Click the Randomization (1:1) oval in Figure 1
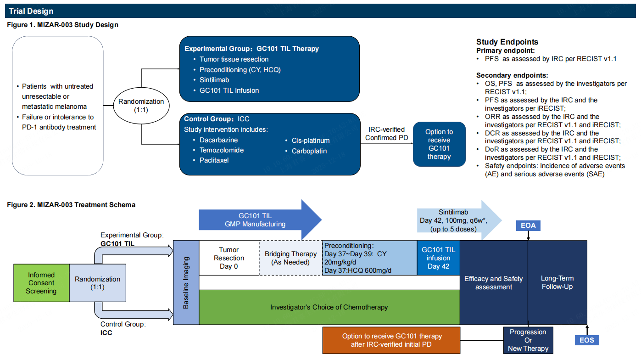point(141,106)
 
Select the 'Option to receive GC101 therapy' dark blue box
point(439,144)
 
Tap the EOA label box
point(528,225)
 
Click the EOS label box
point(587,340)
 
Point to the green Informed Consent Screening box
point(41,283)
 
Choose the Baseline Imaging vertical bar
point(186,282)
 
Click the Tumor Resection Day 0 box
point(229,258)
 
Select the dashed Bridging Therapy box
point(290,258)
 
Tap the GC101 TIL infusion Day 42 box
point(438,258)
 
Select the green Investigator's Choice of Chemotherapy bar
point(329,307)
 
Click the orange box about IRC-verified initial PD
point(391,340)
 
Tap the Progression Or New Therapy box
point(528,340)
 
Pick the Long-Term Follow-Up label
point(557,282)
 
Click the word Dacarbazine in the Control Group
point(218,140)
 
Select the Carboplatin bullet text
point(309,151)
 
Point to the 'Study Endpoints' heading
point(507,42)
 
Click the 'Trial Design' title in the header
point(31,11)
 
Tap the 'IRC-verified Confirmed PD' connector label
point(387,134)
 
